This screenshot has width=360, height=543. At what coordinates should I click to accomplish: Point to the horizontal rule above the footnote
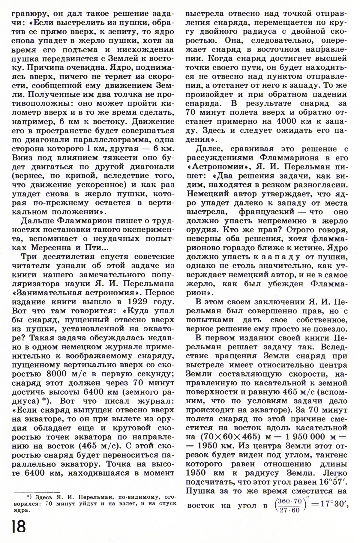(x=35, y=492)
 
